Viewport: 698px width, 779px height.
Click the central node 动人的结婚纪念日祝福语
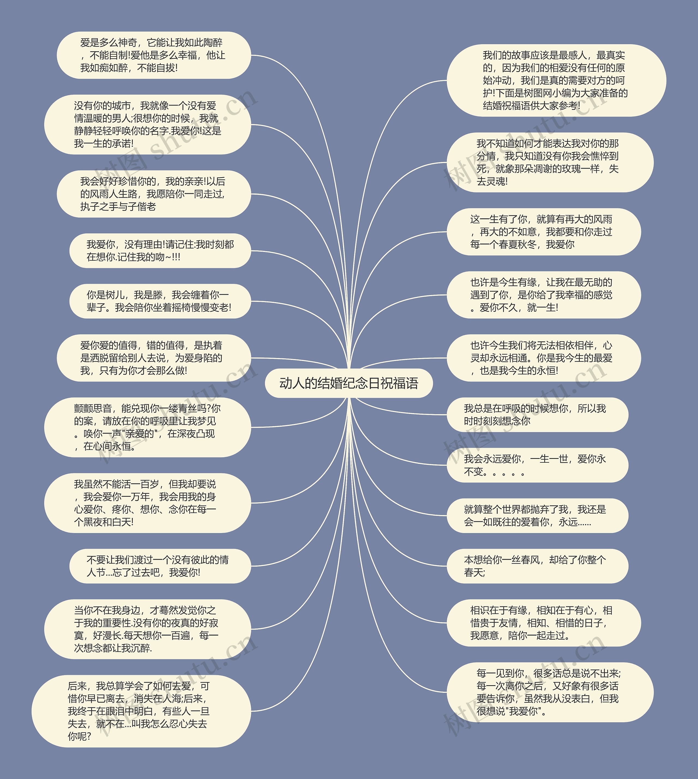tap(349, 383)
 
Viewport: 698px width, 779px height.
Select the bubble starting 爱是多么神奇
tap(154, 55)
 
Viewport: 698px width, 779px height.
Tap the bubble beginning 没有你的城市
tap(148, 125)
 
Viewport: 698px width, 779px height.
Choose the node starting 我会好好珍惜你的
tap(154, 194)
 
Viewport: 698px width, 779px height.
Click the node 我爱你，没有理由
tap(160, 251)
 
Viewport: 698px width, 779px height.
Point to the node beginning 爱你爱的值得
tap(154, 358)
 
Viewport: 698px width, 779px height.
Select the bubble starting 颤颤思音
tap(148, 427)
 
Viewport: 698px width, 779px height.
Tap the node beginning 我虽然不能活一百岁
tap(148, 503)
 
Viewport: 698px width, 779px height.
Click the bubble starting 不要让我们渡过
tap(160, 566)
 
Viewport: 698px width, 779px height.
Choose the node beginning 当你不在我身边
tap(148, 629)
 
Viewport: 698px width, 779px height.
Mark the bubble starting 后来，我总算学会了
tap(141, 711)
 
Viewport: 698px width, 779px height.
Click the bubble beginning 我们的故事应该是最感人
tap(556, 80)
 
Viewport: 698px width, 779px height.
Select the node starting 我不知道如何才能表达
tap(550, 163)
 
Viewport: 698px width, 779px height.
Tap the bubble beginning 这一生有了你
tap(543, 232)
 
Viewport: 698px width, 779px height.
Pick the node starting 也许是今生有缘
tap(543, 295)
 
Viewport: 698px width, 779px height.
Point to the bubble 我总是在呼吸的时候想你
tap(537, 415)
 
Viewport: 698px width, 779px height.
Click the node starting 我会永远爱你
tap(537, 465)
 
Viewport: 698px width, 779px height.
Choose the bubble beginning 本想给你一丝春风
tap(537, 566)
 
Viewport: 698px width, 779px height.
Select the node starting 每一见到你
tap(550, 692)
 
